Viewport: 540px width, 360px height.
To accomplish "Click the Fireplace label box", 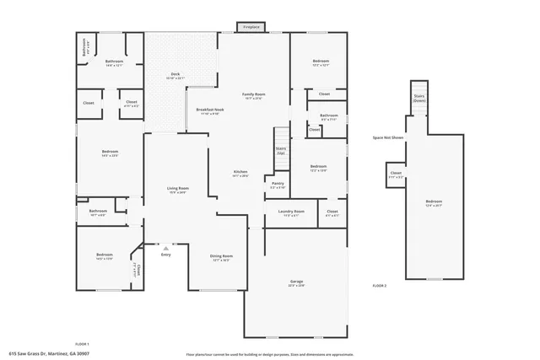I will click(251, 28).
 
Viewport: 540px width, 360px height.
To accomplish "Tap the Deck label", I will click(175, 76).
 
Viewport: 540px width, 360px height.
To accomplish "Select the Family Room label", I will click(252, 96).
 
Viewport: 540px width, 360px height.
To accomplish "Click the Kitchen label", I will click(240, 173).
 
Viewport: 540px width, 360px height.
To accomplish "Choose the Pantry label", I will click(278, 184).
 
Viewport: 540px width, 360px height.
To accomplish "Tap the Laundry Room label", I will click(293, 212).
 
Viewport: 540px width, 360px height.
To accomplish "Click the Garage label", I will click(296, 282).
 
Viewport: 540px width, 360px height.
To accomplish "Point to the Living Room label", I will click(177, 190).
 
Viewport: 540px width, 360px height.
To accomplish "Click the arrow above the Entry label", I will click(165, 249).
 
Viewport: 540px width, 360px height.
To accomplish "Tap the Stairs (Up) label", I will click(280, 150).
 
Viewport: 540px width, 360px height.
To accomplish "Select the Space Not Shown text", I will click(388, 137).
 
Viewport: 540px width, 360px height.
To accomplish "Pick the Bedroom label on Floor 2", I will click(433, 202).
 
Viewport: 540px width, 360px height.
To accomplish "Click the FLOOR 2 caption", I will click(380, 287).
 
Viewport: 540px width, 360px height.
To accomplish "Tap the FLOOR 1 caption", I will click(82, 344).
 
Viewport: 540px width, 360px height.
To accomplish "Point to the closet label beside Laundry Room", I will click(332, 212).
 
